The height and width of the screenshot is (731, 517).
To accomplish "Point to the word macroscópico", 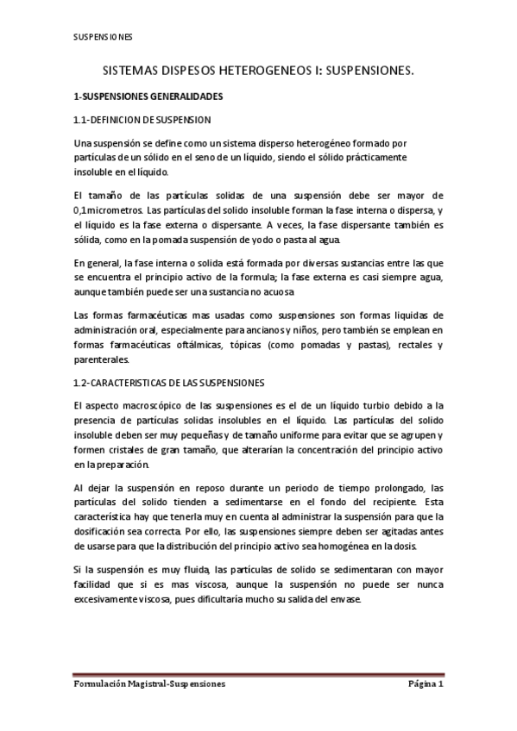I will (x=147, y=404).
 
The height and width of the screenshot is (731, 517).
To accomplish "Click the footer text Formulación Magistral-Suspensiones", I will (x=148, y=683).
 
